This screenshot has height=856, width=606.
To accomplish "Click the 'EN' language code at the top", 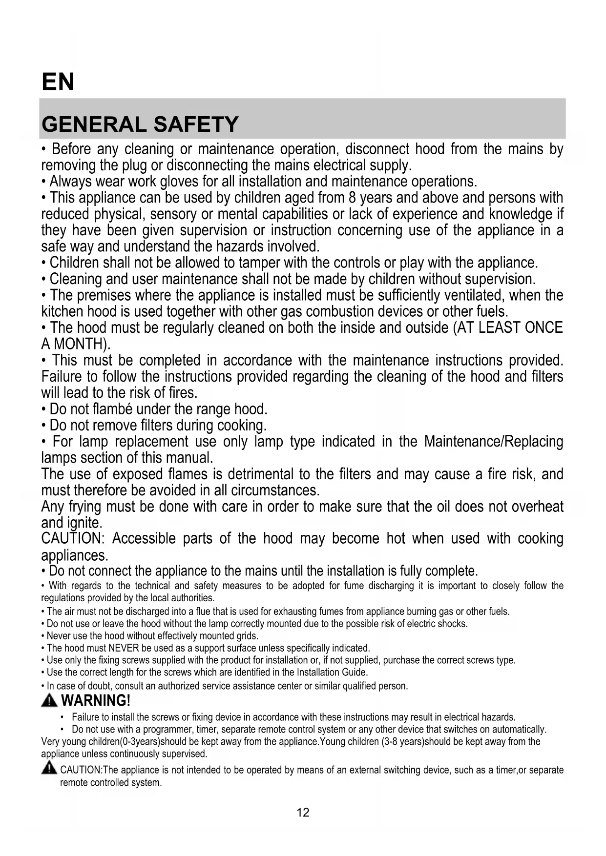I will pos(58,82).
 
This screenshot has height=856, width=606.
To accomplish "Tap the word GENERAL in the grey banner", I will pos(94,124).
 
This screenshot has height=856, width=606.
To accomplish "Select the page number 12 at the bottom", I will pos(303,813).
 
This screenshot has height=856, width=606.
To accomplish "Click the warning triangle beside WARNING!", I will pos(49,701).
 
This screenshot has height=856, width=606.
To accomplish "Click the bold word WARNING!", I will pos(96,701).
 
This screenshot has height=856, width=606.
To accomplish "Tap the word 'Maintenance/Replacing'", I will pos(494,442).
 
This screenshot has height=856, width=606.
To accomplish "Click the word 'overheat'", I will pos(538,507).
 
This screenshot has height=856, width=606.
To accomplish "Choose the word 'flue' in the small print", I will pos(202,611).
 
